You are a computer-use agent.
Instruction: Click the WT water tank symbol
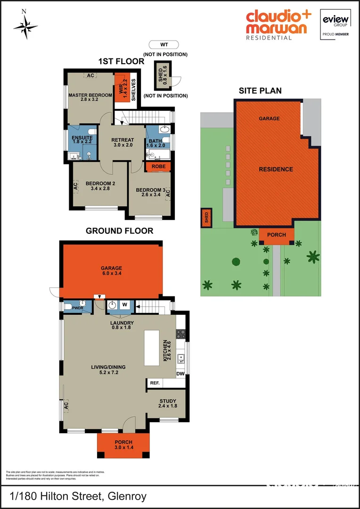(x=164, y=45)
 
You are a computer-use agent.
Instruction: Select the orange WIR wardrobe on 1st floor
(x=122, y=87)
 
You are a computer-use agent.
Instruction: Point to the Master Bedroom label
(x=90, y=95)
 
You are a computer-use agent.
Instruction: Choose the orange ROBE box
(x=158, y=166)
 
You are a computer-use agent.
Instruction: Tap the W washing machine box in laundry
(x=125, y=305)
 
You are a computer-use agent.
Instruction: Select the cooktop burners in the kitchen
(x=180, y=334)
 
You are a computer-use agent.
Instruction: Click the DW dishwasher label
(x=180, y=374)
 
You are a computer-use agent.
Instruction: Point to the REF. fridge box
(x=155, y=383)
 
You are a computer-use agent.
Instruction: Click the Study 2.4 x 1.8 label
(x=167, y=403)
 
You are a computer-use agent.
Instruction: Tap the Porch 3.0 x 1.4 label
(x=124, y=444)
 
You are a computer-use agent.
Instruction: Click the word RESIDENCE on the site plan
(x=276, y=169)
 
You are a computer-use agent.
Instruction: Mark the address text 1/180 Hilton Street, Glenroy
(x=78, y=496)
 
